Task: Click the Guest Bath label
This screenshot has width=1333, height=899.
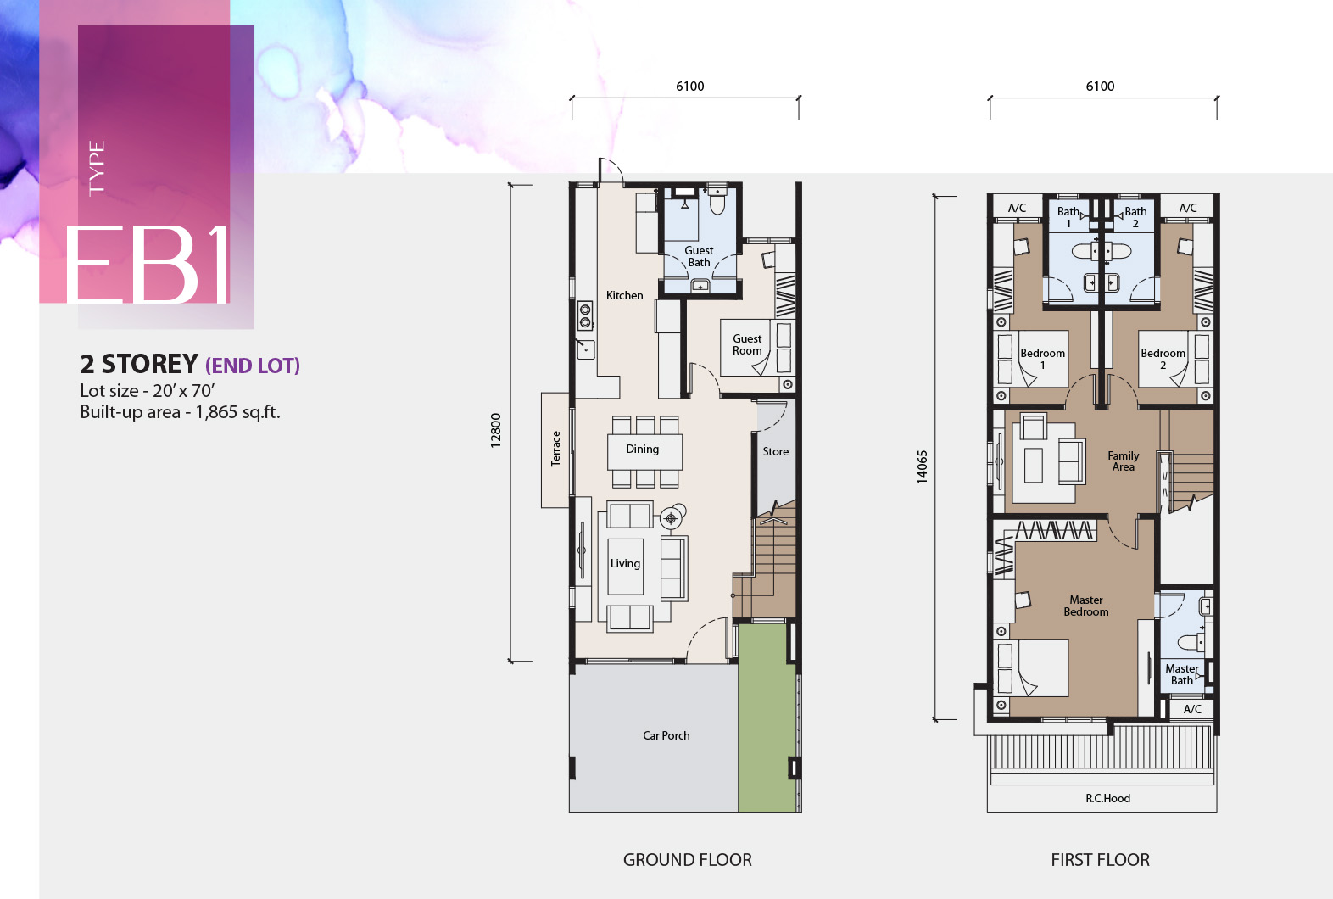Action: coord(699,257)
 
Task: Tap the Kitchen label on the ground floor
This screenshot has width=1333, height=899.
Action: coord(624,295)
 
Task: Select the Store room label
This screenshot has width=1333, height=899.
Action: coord(775,451)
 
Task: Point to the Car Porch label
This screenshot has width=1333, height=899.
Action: coord(666,735)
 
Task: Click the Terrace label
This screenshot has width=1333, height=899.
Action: coord(555,449)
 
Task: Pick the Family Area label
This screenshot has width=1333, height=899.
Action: coord(1123,461)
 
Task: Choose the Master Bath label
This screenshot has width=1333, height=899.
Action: coord(1181,674)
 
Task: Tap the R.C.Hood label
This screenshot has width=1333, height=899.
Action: coord(1107,798)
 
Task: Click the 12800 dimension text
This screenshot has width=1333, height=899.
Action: coord(496,431)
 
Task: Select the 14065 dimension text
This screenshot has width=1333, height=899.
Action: coord(922,466)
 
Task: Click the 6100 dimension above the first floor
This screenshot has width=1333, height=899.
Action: coord(1100,87)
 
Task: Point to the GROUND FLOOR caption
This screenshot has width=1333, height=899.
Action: coord(688,860)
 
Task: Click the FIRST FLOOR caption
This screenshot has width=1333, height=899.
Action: coord(1100,860)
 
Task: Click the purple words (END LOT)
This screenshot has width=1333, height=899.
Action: coord(253,366)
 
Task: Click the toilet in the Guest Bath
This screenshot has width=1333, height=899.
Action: coord(717,201)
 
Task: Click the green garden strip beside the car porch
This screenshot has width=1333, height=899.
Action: coord(767,718)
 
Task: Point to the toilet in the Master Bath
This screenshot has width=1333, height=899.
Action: coord(1191,642)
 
